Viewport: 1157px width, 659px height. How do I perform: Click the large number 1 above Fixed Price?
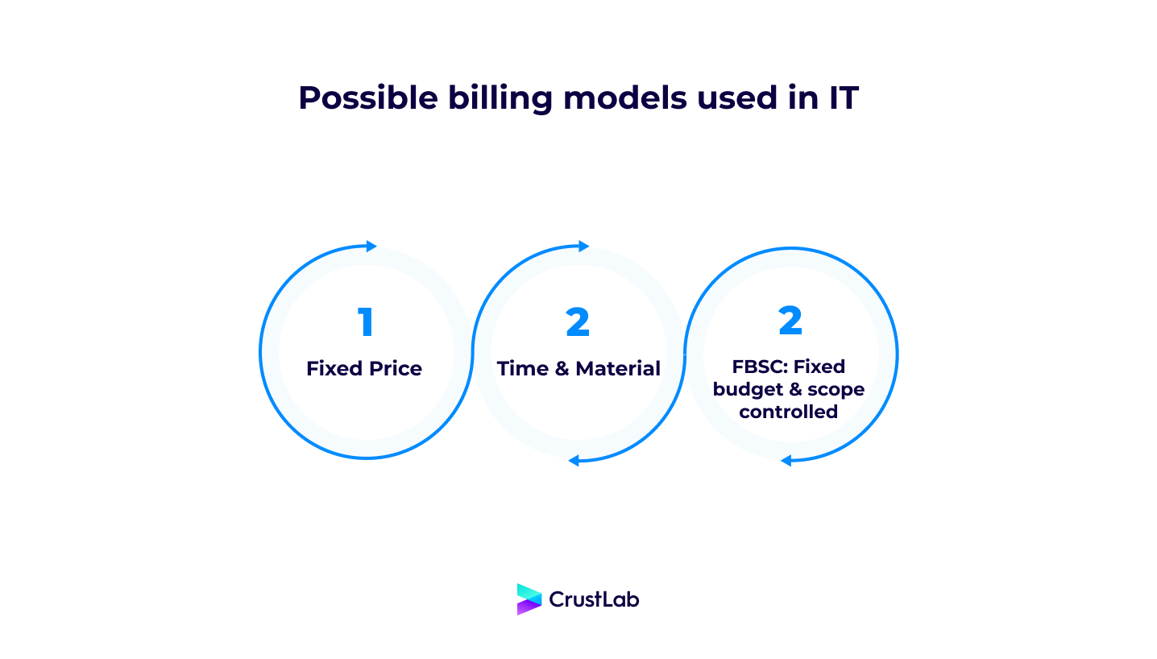click(x=366, y=322)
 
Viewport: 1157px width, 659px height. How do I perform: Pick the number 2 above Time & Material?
click(x=578, y=322)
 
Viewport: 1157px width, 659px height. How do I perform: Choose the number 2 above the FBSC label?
click(x=790, y=321)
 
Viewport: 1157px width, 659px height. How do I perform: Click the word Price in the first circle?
click(x=395, y=369)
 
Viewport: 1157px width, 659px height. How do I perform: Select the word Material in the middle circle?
click(x=619, y=369)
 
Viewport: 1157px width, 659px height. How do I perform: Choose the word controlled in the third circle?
click(x=789, y=412)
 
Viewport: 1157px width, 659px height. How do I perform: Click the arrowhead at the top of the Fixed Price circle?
click(x=371, y=247)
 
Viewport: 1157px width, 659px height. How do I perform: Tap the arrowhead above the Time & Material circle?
click(x=584, y=247)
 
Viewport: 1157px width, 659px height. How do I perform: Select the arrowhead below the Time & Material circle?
click(x=574, y=461)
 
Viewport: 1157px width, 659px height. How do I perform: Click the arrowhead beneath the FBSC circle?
click(x=786, y=461)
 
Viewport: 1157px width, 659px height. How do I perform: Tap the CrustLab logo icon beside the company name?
click(x=529, y=599)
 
